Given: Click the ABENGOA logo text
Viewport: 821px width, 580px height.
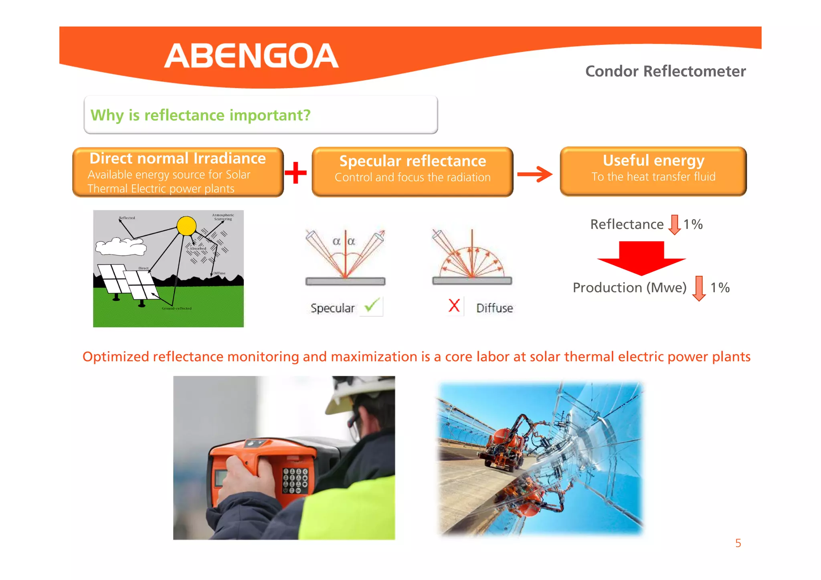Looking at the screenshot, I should [x=251, y=56].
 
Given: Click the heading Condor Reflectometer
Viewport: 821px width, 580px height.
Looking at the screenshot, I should [x=665, y=71].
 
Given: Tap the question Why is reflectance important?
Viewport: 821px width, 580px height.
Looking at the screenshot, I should [x=200, y=115].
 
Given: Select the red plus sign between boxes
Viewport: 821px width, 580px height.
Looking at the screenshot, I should [x=296, y=173].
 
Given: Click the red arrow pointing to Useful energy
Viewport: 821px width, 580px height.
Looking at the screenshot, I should [x=535, y=174].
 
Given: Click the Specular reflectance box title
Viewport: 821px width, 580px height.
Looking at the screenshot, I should [x=413, y=161].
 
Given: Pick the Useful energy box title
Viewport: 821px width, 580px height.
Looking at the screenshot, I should [x=653, y=160].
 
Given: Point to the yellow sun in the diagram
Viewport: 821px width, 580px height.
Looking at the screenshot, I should [x=186, y=226].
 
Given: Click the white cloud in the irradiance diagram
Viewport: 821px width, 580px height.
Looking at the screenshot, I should [x=120, y=246].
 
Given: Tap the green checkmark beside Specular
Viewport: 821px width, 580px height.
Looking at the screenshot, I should [x=372, y=306].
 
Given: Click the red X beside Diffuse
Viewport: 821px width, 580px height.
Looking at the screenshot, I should [x=454, y=306].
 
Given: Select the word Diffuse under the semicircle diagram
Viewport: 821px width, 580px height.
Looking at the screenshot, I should [x=494, y=308].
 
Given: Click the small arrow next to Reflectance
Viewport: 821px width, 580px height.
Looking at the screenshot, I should [x=674, y=224].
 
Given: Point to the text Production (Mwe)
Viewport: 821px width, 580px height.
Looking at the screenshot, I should [x=629, y=288].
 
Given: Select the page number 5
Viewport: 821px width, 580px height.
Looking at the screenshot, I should [x=738, y=543].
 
